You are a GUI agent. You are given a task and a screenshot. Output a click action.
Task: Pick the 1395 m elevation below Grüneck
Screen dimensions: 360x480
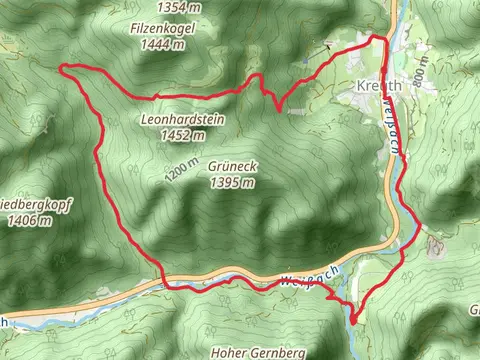click(233, 183)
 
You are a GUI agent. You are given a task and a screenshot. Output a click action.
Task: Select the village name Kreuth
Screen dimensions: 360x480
click(377, 87)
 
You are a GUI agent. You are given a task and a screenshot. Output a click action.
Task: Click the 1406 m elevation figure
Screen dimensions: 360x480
click(21, 221)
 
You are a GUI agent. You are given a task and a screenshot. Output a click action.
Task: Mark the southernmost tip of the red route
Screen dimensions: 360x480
click(354, 321)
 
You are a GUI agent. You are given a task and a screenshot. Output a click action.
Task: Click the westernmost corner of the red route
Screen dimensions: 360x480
click(63, 68)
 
